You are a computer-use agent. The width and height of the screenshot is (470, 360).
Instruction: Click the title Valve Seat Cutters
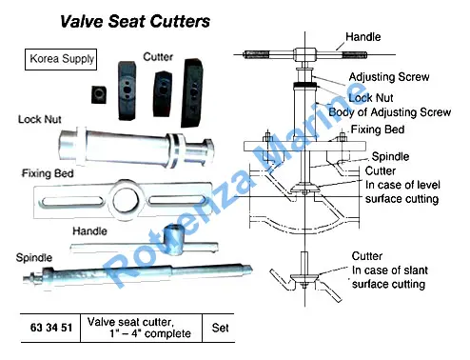coord(135,22)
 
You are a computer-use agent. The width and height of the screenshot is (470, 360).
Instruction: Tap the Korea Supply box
coord(61,59)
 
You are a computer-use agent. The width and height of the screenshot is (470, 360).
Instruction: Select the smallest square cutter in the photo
coord(99,94)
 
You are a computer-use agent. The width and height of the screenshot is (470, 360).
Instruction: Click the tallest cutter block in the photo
coord(192,92)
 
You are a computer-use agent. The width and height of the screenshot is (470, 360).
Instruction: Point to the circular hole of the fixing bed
coord(126,201)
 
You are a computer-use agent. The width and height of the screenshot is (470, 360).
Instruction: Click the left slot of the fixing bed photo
coord(71,202)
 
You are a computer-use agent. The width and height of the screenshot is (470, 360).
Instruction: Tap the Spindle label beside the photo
coord(34,257)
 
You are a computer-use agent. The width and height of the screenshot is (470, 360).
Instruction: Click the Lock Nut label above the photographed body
coord(40,119)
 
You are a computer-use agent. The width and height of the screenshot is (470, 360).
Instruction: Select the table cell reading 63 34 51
coord(50,328)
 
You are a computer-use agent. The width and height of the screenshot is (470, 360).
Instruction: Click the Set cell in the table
coord(220,328)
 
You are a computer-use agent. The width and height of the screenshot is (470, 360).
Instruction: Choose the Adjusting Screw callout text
coord(389,77)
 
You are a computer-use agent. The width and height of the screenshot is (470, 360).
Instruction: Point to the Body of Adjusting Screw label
coord(390,112)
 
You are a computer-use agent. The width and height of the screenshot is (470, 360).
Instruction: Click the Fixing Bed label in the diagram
coord(378,130)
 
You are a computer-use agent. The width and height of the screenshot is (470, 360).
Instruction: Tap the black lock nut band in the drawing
coord(304,85)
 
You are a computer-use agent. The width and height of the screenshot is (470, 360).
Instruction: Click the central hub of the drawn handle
coord(304,54)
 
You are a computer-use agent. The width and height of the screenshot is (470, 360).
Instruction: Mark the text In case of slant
coord(390,270)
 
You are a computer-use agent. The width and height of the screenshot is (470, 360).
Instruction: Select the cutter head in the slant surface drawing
coord(304,277)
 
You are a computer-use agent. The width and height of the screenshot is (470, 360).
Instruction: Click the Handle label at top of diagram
coord(363,37)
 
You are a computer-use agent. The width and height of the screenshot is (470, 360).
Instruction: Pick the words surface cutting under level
coord(401,199)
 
